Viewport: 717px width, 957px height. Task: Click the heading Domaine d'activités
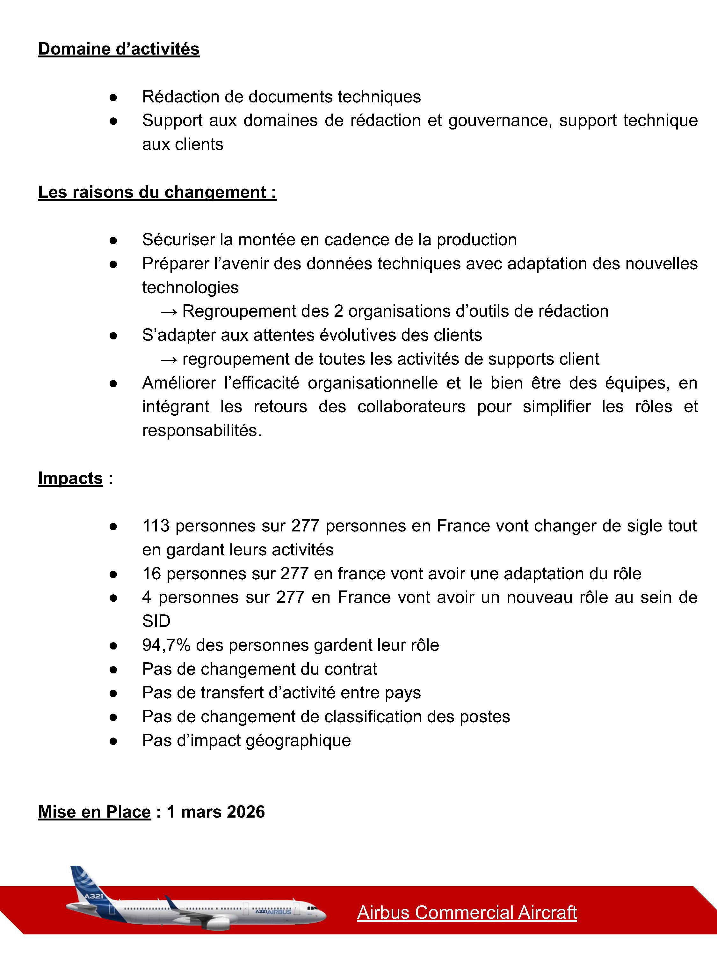pyautogui.click(x=119, y=49)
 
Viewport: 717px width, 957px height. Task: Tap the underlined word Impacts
pyautogui.click(x=70, y=478)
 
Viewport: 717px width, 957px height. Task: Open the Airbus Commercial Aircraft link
pyautogui.click(x=467, y=912)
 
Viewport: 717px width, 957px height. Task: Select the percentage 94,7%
pyautogui.click(x=166, y=645)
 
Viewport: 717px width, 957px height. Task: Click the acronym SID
pyautogui.click(x=156, y=621)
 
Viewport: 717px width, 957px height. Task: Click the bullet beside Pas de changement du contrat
pyautogui.click(x=113, y=670)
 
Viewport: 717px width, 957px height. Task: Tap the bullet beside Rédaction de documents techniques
pyautogui.click(x=113, y=97)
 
